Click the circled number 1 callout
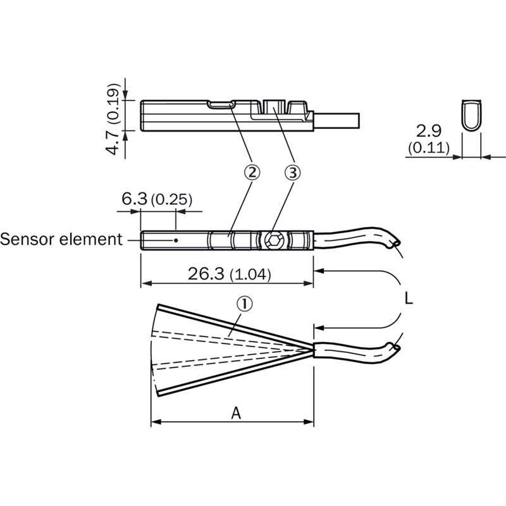click(245, 304)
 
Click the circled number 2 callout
click(252, 172)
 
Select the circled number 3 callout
click(292, 172)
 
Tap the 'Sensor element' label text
click(61, 240)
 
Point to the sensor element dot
click(176, 240)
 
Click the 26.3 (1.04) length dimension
click(229, 275)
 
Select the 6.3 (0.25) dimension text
click(157, 199)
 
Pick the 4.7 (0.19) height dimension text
click(113, 120)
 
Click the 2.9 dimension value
click(429, 131)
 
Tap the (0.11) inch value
click(429, 148)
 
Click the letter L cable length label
click(409, 299)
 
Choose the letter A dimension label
click(236, 413)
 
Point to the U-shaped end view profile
click(471, 115)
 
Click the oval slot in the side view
click(221, 104)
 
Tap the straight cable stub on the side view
click(336, 120)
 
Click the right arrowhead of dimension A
click(309, 422)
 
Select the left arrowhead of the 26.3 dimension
click(146, 283)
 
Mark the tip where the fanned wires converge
click(313, 349)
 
